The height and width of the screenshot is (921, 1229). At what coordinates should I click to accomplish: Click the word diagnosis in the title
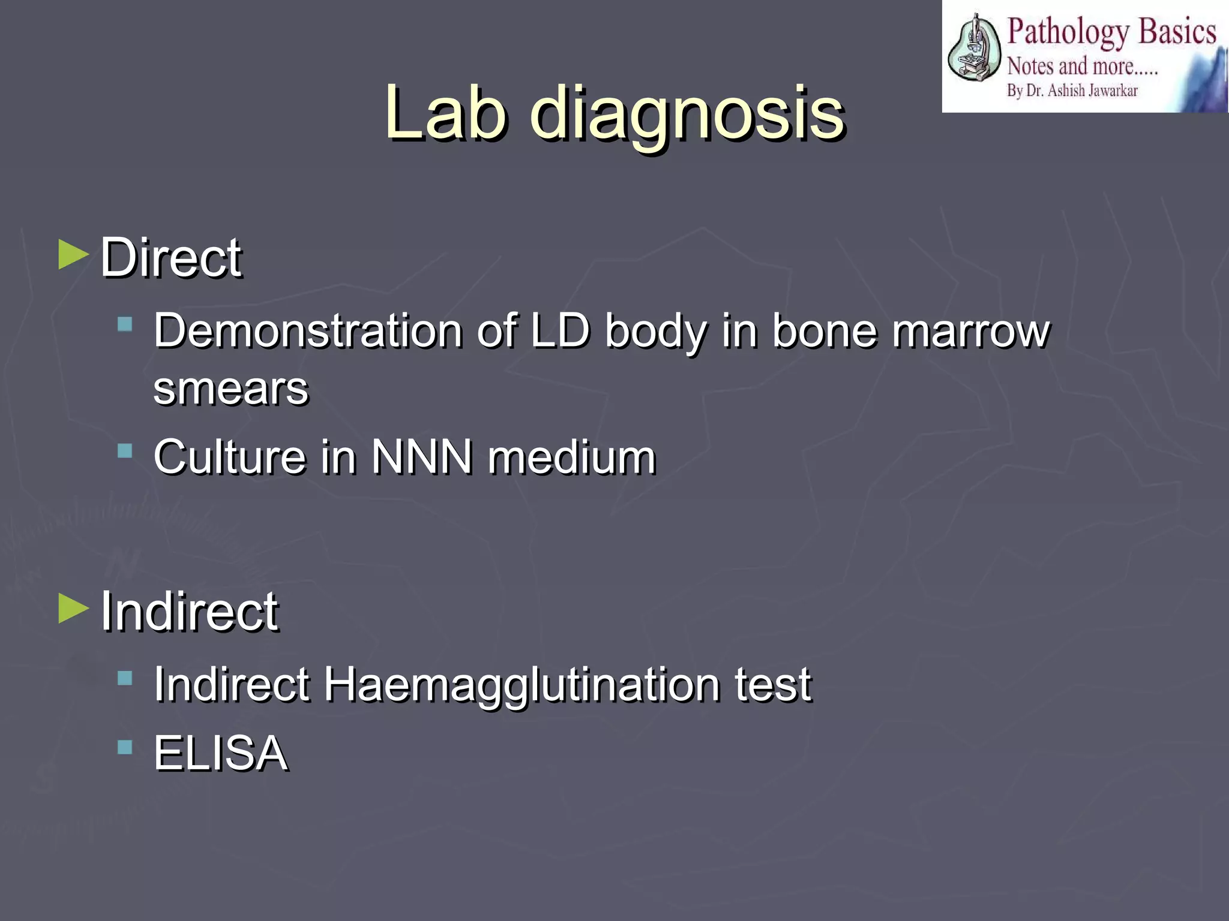[687, 115]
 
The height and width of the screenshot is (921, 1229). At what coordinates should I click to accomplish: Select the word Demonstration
[308, 330]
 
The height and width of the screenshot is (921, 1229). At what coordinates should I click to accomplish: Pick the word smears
[231, 389]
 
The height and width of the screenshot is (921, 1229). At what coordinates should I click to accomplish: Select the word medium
[571, 457]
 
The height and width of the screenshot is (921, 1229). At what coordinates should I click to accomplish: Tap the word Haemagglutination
[521, 685]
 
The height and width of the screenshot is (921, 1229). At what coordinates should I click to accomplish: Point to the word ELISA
[221, 753]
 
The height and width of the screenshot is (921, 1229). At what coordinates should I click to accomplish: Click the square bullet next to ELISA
[125, 747]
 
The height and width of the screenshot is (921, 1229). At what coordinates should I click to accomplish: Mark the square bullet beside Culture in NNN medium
[125, 451]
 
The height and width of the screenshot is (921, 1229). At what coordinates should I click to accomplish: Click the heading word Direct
[171, 258]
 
